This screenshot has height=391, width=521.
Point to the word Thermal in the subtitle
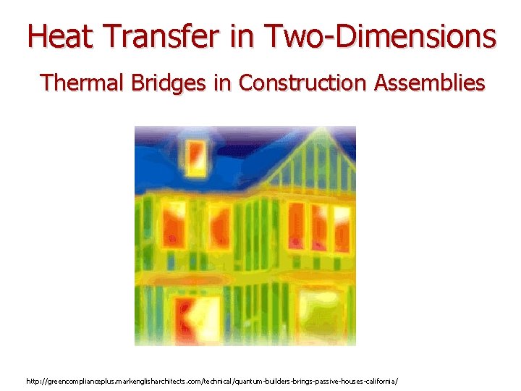(82, 83)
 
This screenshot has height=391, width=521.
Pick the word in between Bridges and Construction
(221, 83)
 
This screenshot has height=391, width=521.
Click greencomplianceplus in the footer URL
(80, 380)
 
